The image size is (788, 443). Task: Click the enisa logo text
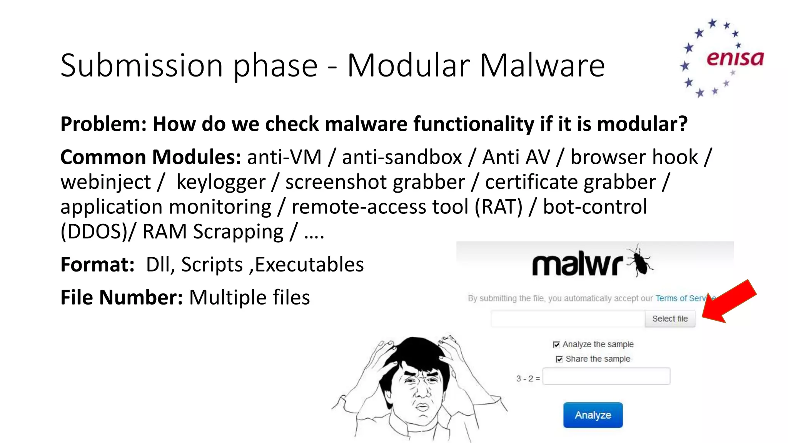point(735,58)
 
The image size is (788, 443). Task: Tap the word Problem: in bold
point(104,124)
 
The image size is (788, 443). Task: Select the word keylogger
point(221,182)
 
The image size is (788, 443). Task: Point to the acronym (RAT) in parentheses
point(498,207)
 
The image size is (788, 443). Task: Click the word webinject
point(106,182)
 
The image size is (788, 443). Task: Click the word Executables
point(309,265)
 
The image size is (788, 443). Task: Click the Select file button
point(670,319)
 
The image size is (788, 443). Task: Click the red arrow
point(730,302)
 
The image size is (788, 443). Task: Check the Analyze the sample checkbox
point(556,345)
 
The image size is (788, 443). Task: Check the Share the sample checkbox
point(559,359)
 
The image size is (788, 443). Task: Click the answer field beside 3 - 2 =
point(606,376)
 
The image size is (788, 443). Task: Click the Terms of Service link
point(681,298)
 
